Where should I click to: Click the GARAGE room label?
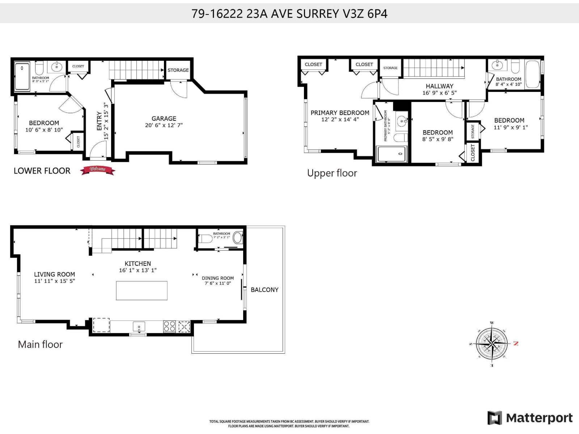click(164, 119)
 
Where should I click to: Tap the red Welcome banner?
click(97, 170)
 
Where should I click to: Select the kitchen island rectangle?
click(141, 290)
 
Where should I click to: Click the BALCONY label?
click(265, 290)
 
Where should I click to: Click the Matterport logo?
click(530, 418)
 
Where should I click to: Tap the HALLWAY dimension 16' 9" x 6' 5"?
click(439, 93)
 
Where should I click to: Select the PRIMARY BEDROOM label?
click(340, 113)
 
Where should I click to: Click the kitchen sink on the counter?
click(139, 327)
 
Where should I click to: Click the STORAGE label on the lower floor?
click(178, 70)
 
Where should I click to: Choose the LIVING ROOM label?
click(54, 275)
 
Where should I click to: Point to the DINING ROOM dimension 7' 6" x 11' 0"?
click(217, 284)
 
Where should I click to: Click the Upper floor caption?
click(332, 173)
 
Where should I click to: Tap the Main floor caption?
click(40, 344)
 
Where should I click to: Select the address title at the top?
click(289, 14)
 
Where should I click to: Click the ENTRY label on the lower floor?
click(100, 121)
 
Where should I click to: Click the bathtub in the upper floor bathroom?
click(532, 74)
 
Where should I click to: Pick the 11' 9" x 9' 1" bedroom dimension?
click(511, 127)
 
